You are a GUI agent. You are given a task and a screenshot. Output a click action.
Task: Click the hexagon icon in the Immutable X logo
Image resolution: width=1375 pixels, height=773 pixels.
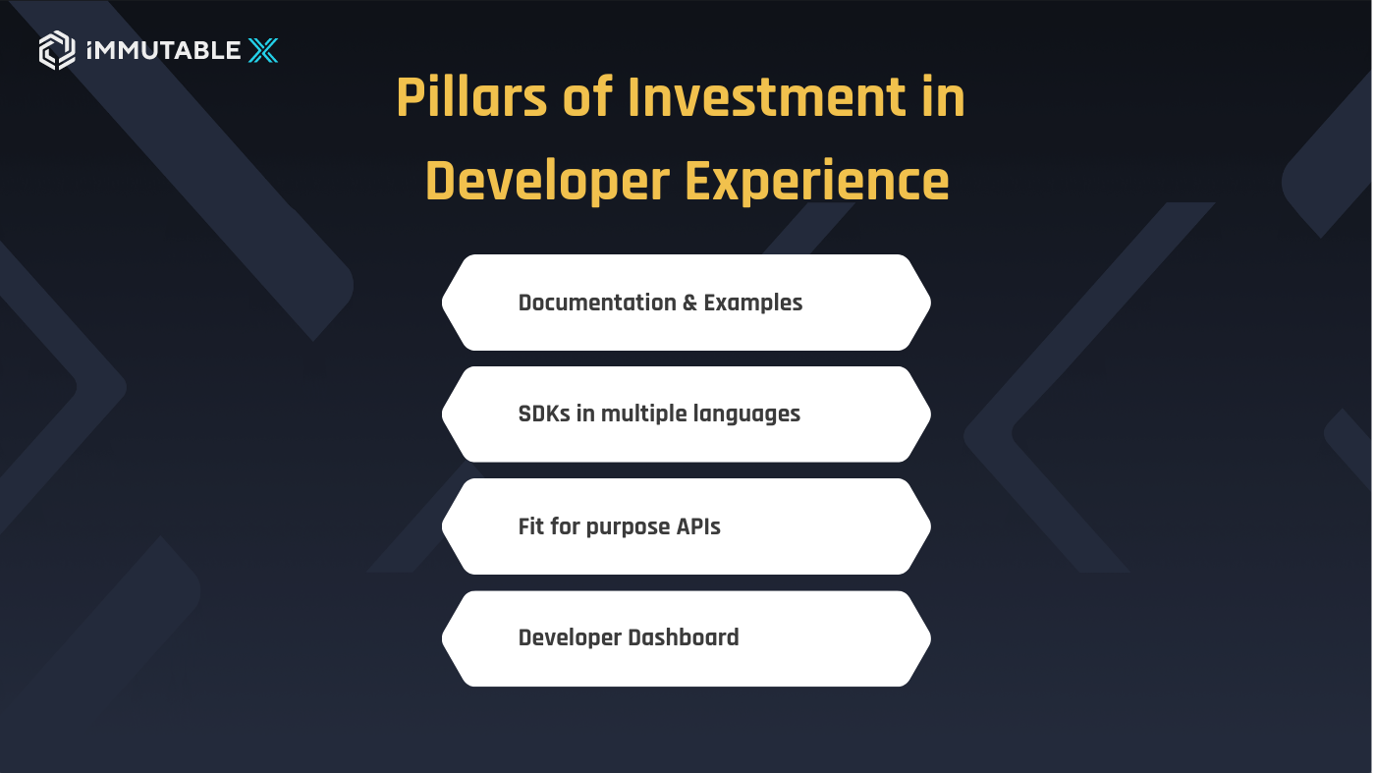tap(57, 50)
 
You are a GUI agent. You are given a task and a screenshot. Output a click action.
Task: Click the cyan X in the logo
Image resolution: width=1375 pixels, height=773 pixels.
tap(262, 50)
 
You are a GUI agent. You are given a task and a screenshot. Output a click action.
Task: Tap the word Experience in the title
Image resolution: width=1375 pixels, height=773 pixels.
tap(817, 183)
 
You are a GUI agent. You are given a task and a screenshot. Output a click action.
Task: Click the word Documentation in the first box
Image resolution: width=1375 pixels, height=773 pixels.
tap(597, 303)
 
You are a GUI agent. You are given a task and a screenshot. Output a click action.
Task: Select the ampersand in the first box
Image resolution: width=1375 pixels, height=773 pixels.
tap(690, 303)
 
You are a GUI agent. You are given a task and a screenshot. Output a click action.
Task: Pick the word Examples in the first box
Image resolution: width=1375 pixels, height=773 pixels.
tap(753, 303)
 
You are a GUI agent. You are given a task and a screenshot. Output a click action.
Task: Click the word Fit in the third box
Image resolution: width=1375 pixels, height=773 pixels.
tap(530, 525)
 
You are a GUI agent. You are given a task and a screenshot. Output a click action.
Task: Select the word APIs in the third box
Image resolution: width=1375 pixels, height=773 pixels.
tap(698, 525)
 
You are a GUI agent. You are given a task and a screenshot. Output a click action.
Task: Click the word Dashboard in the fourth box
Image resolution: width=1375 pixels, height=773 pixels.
tap(684, 636)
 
